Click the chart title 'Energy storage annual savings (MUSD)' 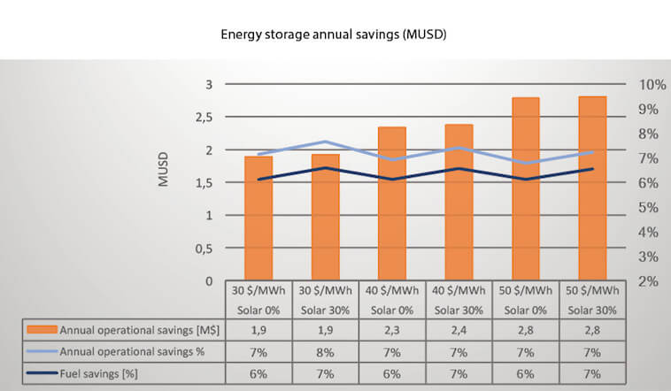click(x=334, y=34)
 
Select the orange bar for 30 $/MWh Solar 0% click(x=258, y=218)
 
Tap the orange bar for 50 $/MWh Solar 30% click(x=592, y=188)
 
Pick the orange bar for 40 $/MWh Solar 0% click(x=392, y=203)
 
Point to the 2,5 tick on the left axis click(x=204, y=118)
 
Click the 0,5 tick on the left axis click(x=204, y=249)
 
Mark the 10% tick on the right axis click(x=652, y=85)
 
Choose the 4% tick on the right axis click(x=648, y=233)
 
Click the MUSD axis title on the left click(x=163, y=170)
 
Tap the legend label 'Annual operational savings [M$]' click(x=140, y=330)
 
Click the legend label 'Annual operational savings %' click(x=132, y=352)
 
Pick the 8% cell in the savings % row click(x=325, y=352)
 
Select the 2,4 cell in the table click(x=459, y=330)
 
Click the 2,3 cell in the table click(x=392, y=330)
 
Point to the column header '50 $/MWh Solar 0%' click(x=526, y=300)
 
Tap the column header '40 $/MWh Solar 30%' click(x=459, y=300)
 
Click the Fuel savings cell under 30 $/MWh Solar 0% click(x=258, y=374)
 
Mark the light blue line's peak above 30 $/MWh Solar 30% click(x=325, y=142)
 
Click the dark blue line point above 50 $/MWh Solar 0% click(x=526, y=179)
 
